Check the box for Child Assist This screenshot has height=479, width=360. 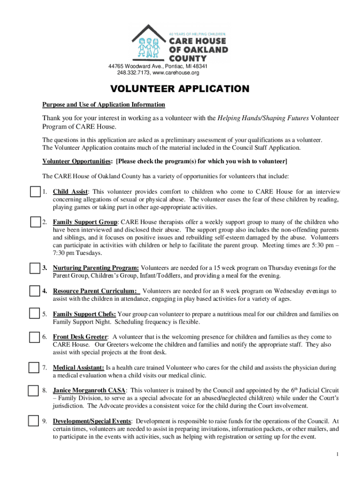35,192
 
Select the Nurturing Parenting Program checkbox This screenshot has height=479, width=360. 35,268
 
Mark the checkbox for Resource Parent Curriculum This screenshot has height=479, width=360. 35,291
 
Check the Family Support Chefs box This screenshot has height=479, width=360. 35,314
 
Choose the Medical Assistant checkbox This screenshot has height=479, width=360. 33,368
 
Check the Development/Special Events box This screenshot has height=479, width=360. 33,421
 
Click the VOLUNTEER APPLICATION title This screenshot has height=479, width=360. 180,89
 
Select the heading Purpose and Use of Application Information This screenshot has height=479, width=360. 104,104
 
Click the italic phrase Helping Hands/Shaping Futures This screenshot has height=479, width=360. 263,118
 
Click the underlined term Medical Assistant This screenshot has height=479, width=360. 79,368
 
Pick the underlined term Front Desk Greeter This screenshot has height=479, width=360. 80,337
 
